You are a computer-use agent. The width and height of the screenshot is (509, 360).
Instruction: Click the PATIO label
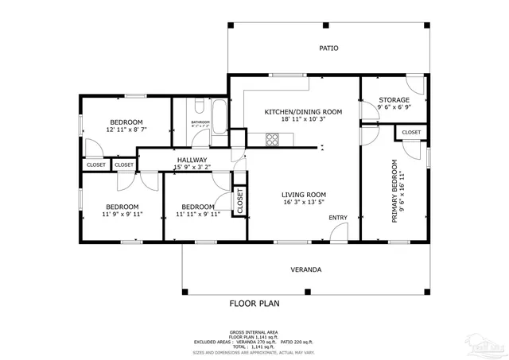point(328,48)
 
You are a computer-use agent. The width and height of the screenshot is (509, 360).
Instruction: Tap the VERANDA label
point(305,270)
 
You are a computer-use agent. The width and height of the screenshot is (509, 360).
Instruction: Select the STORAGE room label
point(394,100)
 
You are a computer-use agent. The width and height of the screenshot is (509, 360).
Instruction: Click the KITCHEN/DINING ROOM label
point(303,112)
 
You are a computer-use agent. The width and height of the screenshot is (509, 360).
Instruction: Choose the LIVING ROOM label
point(304,195)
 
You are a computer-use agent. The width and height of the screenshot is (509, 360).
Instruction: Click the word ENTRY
point(338,218)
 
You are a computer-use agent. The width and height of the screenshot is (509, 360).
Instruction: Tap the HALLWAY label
point(192,160)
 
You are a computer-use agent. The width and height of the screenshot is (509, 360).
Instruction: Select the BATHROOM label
point(200,122)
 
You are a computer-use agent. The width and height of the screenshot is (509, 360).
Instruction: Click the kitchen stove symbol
point(273,140)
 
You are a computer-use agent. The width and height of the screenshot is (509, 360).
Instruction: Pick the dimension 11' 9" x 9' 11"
point(122,214)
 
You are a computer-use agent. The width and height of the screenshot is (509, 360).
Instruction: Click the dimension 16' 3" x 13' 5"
point(304,203)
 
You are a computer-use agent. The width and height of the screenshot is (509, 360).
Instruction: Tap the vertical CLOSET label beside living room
point(239,201)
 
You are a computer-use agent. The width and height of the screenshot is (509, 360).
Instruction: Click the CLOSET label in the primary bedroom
point(411,132)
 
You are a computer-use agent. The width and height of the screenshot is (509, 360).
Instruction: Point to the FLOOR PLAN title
point(254,304)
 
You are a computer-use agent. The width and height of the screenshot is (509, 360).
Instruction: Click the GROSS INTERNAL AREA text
point(254,332)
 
